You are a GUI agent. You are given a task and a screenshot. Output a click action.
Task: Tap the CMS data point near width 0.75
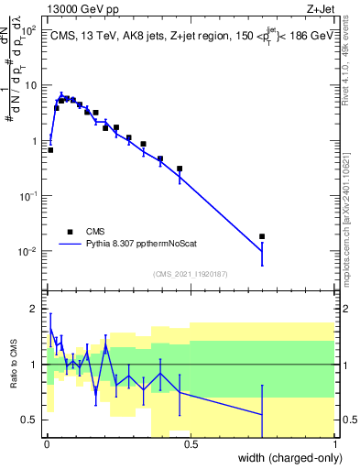[262, 236]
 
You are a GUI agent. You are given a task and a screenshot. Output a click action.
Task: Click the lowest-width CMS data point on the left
[50, 149]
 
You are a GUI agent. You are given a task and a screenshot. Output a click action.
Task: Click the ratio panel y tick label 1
[34, 365]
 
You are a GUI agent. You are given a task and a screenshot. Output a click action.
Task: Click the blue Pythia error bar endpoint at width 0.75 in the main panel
[262, 265]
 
